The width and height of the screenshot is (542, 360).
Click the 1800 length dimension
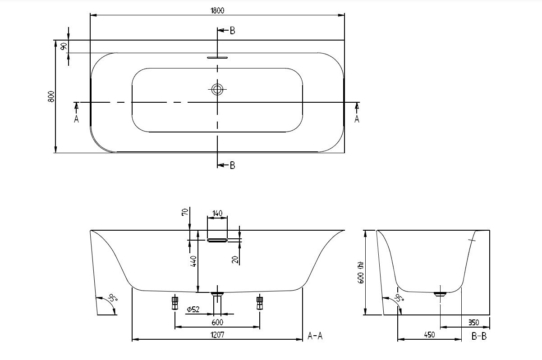(x=217, y=11)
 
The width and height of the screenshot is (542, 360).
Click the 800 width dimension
(x=51, y=96)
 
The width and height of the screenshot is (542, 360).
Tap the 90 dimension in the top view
(x=64, y=46)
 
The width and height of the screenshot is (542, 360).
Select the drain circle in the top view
(x=217, y=90)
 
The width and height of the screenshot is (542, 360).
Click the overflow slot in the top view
(x=217, y=58)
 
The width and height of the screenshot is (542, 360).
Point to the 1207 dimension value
(x=217, y=335)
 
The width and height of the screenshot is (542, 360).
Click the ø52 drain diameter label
(x=193, y=309)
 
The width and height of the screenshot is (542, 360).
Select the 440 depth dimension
(x=193, y=261)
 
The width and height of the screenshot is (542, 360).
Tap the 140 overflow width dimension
(x=217, y=213)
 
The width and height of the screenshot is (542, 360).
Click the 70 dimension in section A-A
(x=184, y=212)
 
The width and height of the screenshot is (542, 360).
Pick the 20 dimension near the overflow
(x=235, y=260)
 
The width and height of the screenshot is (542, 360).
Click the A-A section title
(x=315, y=336)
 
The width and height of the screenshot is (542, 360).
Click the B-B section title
(x=479, y=336)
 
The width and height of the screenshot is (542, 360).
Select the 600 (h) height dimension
(x=360, y=273)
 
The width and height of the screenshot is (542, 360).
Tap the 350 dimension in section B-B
(x=473, y=323)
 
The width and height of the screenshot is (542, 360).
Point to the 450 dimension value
(x=429, y=335)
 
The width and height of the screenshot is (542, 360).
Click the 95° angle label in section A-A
(x=112, y=298)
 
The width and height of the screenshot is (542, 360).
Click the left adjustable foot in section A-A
(x=175, y=302)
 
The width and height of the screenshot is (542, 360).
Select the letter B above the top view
(x=232, y=31)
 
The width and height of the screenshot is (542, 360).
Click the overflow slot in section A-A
(x=217, y=240)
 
